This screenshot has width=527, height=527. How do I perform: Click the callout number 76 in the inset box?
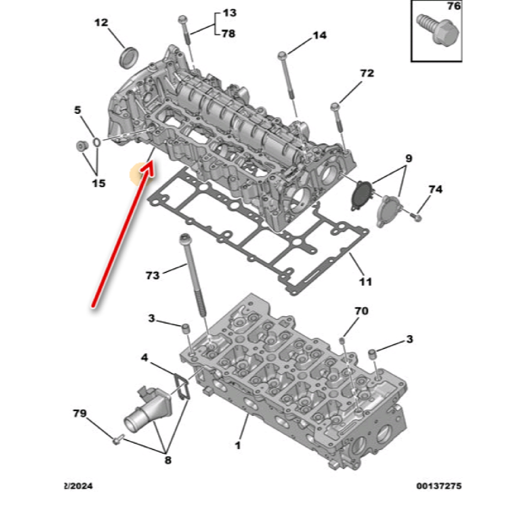tap(453, 6)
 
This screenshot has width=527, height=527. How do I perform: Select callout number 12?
tap(101, 23)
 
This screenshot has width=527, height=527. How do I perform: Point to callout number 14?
tap(319, 35)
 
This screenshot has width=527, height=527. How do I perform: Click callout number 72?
tap(366, 73)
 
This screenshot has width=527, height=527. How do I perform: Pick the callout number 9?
tap(408, 158)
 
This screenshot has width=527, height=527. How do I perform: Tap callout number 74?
tap(435, 190)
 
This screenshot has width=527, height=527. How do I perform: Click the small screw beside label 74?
tap(417, 218)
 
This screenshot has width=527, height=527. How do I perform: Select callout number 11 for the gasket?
tap(365, 281)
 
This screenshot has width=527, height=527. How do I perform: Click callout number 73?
tap(152, 276)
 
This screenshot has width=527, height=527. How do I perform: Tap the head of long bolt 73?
tap(185, 239)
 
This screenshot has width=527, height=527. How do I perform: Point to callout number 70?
tap(362, 311)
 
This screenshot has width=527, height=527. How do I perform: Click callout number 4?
tap(144, 358)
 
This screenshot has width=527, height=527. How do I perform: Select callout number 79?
tap(80, 413)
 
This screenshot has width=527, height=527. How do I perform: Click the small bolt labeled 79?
tap(118, 439)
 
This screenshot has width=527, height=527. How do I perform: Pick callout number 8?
tap(168, 460)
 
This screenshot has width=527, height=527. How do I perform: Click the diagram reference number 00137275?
tap(438, 486)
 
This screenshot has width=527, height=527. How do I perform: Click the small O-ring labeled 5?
tap(97, 142)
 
